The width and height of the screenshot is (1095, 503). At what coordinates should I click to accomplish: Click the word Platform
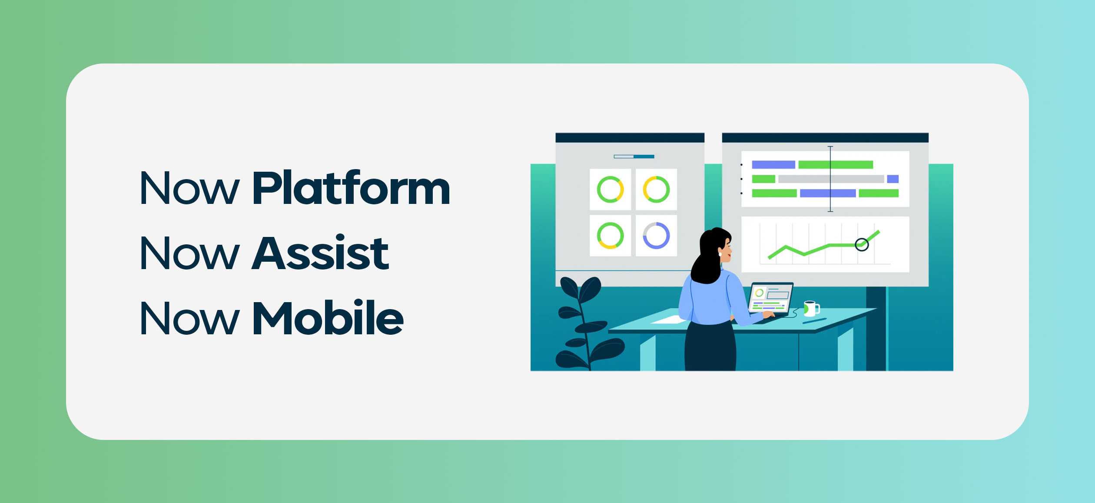click(x=351, y=188)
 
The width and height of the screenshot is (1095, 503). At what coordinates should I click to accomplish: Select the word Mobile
click(x=328, y=317)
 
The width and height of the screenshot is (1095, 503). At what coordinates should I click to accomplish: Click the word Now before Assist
click(x=189, y=253)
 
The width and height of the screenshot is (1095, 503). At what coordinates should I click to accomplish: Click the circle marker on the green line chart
click(x=862, y=245)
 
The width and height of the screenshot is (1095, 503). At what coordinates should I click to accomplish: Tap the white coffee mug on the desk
click(x=811, y=308)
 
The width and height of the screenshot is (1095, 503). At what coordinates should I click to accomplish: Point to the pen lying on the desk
click(x=814, y=321)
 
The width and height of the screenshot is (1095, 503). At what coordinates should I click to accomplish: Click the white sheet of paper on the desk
click(x=669, y=320)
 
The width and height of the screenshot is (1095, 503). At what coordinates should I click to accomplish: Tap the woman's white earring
click(x=720, y=254)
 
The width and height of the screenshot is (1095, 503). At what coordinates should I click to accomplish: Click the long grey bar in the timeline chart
click(x=831, y=179)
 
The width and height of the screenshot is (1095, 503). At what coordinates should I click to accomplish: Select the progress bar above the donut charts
click(x=634, y=157)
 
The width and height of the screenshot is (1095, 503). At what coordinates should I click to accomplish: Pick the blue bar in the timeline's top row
click(x=773, y=165)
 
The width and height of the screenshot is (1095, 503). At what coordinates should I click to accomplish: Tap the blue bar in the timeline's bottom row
click(x=828, y=193)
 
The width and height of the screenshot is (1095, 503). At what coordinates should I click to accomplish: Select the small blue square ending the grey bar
click(x=893, y=179)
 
